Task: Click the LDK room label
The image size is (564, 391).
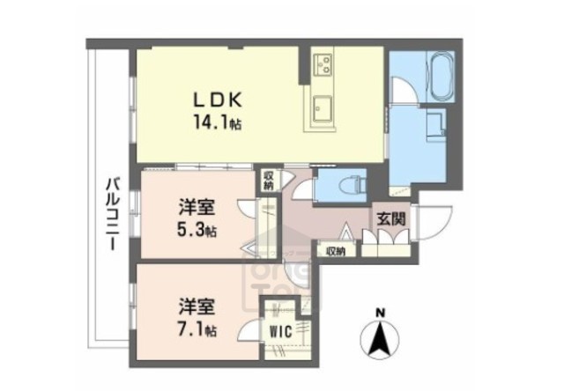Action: click(x=213, y=100)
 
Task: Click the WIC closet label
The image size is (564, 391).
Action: click(x=282, y=331)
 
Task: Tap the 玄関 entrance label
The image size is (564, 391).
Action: click(x=391, y=218)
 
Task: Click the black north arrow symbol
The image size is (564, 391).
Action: click(x=379, y=340)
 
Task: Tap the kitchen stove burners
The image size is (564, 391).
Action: click(x=323, y=63)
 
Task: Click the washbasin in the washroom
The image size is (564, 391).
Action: click(x=434, y=124)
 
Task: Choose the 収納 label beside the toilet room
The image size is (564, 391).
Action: click(x=266, y=180)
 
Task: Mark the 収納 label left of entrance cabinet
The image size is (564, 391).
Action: click(x=335, y=251)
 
